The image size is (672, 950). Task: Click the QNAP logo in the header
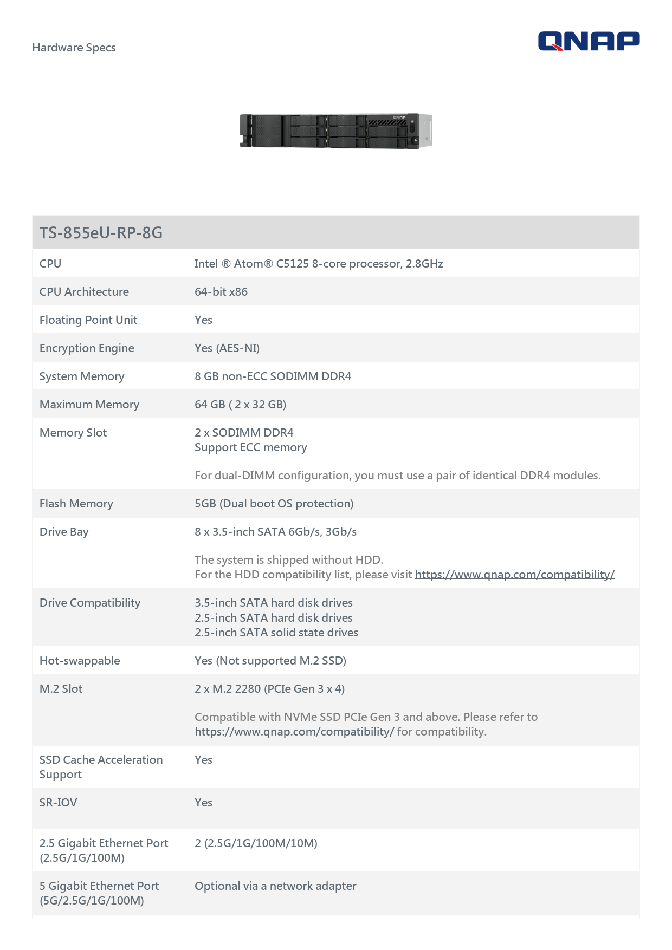(x=589, y=41)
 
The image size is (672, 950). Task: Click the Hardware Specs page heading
(x=74, y=48)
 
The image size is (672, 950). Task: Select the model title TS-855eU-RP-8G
(x=101, y=233)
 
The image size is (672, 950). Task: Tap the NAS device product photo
(x=335, y=131)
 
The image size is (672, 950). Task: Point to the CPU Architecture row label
(x=84, y=292)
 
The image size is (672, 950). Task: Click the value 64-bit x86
(x=221, y=292)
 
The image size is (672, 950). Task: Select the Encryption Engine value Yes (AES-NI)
(x=227, y=348)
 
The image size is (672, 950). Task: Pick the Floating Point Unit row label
(x=88, y=320)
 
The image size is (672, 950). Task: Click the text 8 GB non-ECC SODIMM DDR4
(x=273, y=376)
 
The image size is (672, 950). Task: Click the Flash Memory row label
(x=76, y=504)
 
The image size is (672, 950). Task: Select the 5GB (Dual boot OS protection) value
(x=274, y=504)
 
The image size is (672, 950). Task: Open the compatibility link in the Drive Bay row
(x=514, y=575)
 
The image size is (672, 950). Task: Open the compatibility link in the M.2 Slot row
(x=294, y=732)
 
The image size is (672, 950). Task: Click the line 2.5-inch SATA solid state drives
(x=276, y=633)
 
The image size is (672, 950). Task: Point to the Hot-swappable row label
(x=80, y=661)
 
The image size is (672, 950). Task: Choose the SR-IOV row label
(x=58, y=803)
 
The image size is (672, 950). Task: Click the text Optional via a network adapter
(x=275, y=886)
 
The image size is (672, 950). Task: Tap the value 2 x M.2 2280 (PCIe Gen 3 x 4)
(x=269, y=689)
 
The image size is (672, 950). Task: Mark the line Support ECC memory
(x=250, y=447)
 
